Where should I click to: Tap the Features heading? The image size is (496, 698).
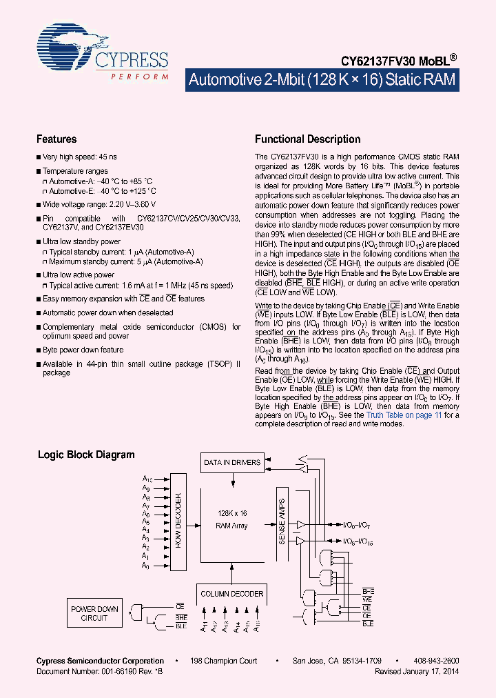(x=56, y=139)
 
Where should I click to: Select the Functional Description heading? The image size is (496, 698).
(x=307, y=139)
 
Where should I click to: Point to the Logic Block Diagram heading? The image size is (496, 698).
(x=86, y=455)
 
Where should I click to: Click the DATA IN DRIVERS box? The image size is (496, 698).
(x=232, y=462)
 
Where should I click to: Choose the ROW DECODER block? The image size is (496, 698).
(x=177, y=521)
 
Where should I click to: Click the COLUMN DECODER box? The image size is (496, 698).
(x=231, y=593)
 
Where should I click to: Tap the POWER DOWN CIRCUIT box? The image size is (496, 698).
(x=95, y=613)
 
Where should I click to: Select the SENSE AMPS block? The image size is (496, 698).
(x=282, y=523)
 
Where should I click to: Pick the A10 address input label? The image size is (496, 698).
(x=147, y=479)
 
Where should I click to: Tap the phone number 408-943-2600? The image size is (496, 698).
(x=438, y=661)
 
